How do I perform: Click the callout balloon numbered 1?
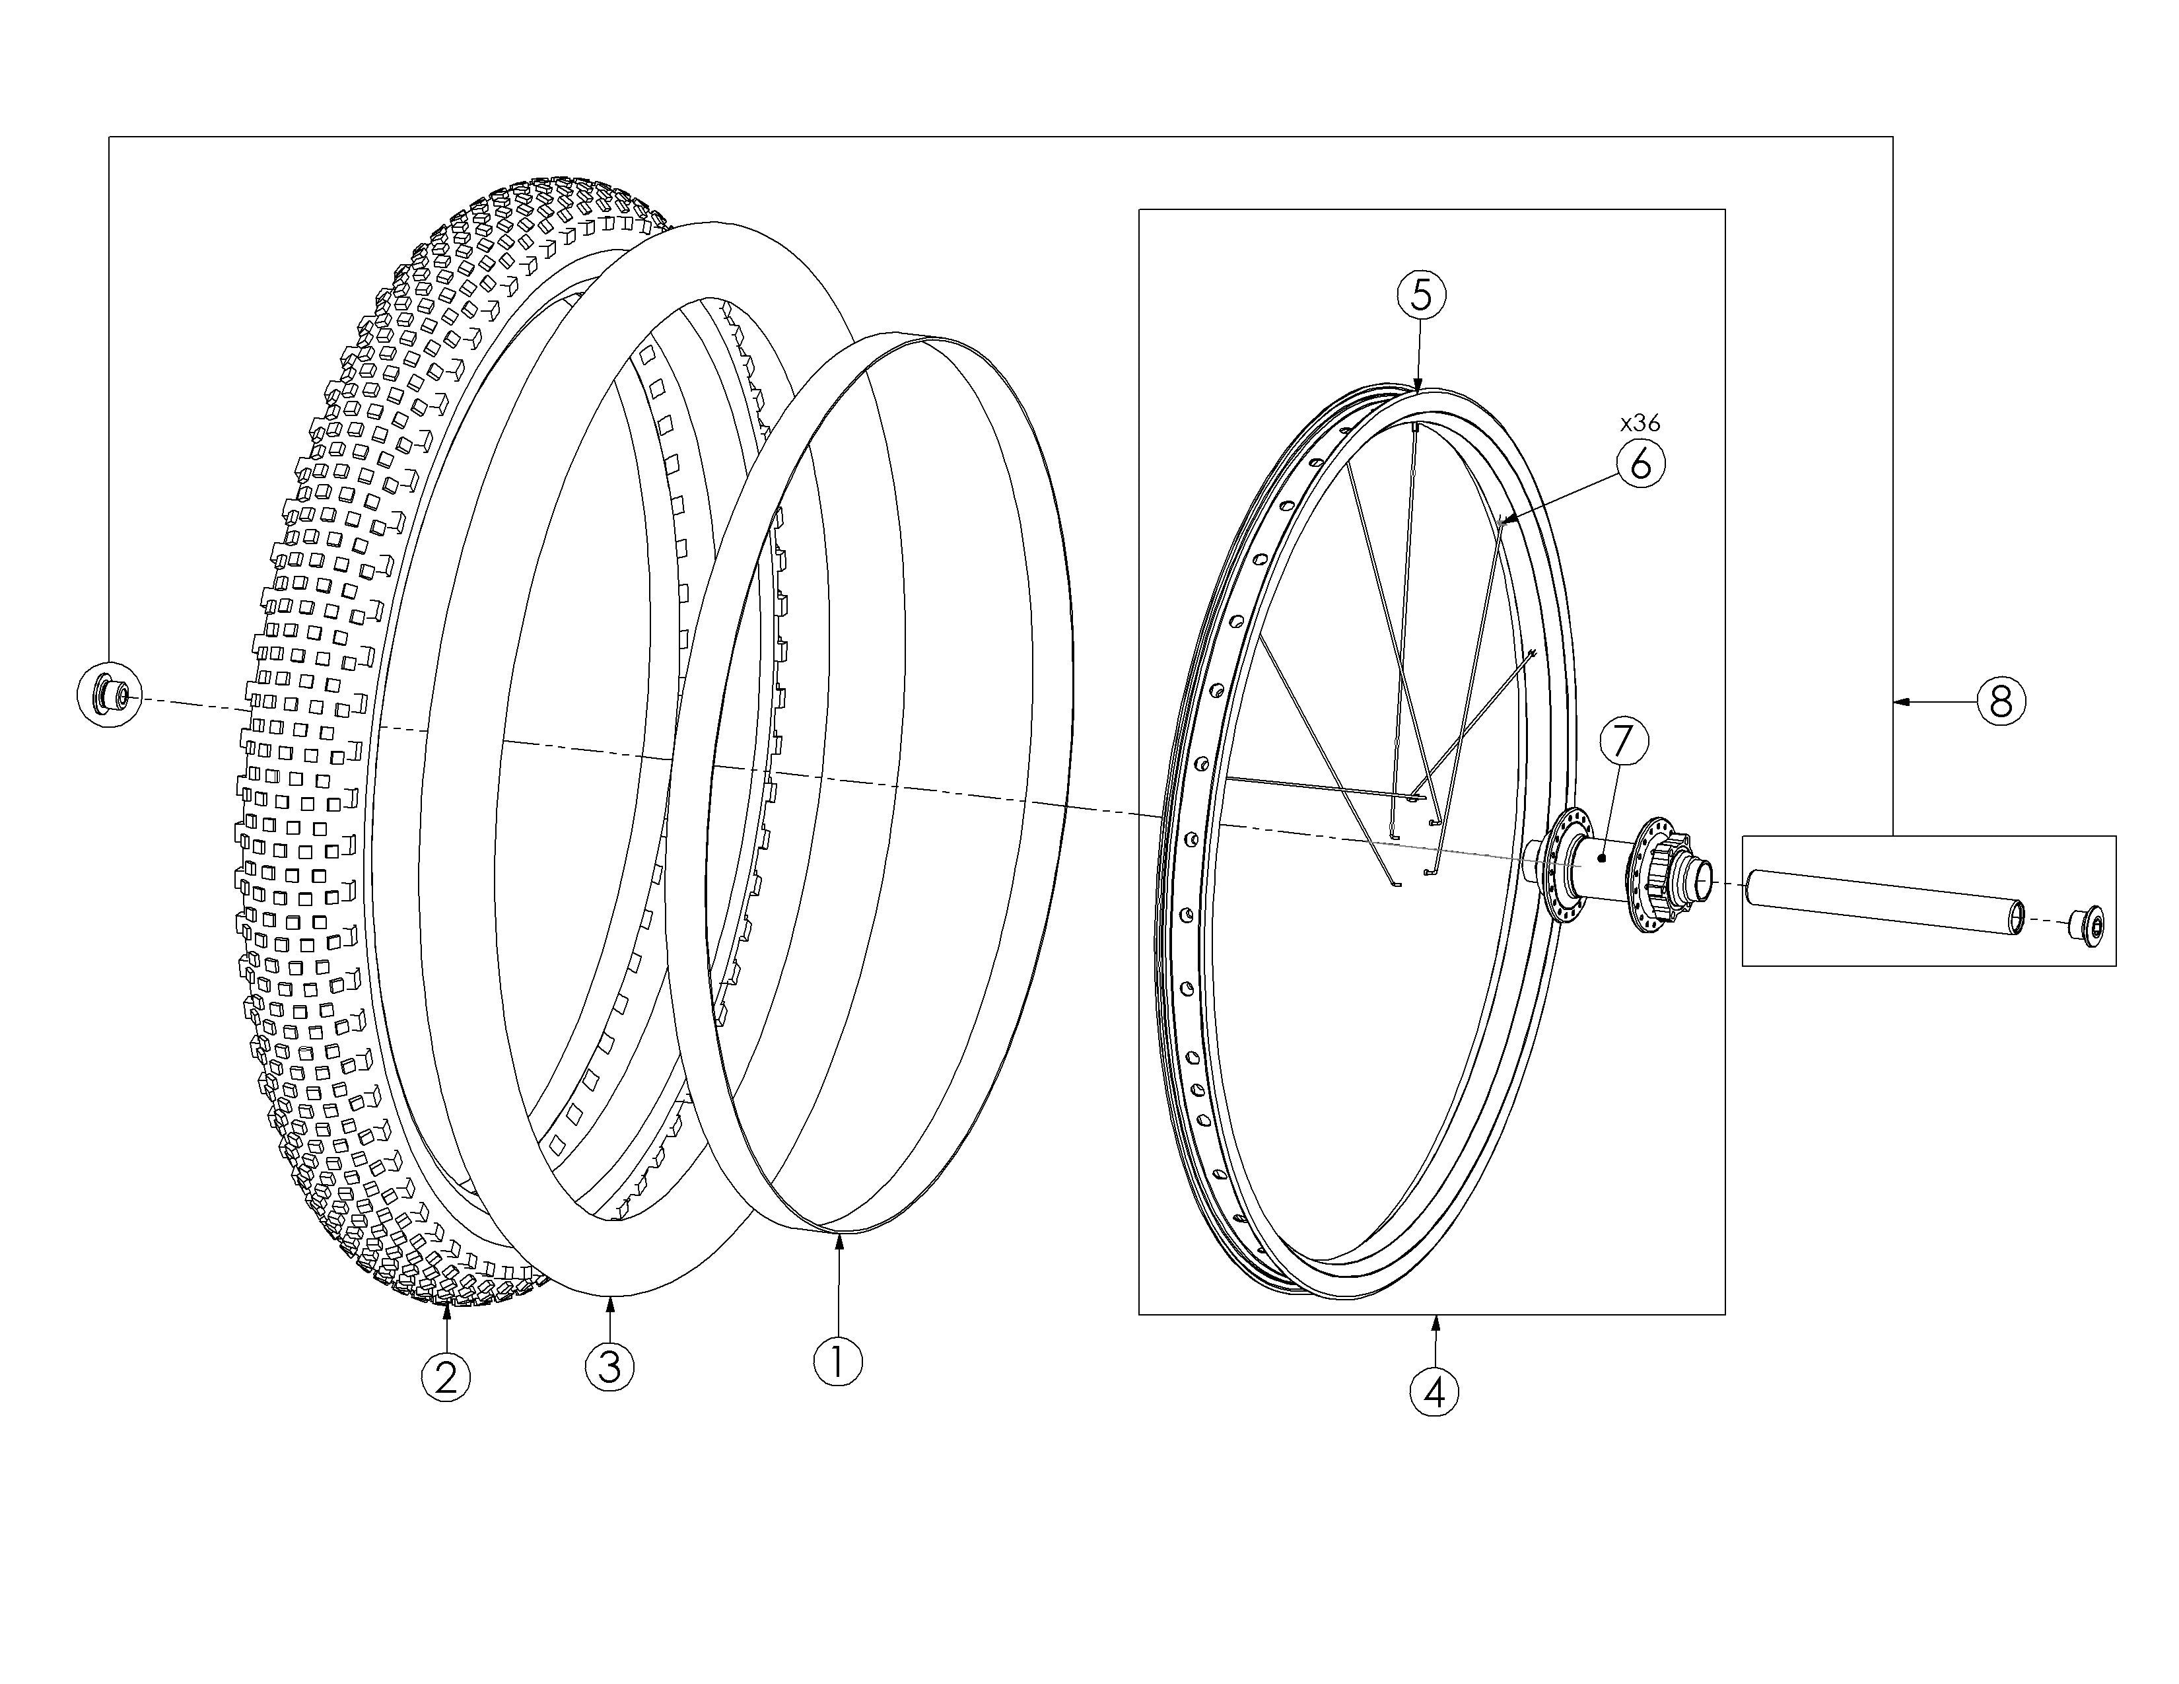838,1361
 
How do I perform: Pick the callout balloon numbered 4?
1434,1391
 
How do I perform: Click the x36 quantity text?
1640,423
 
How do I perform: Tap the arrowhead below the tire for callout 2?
446,1315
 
